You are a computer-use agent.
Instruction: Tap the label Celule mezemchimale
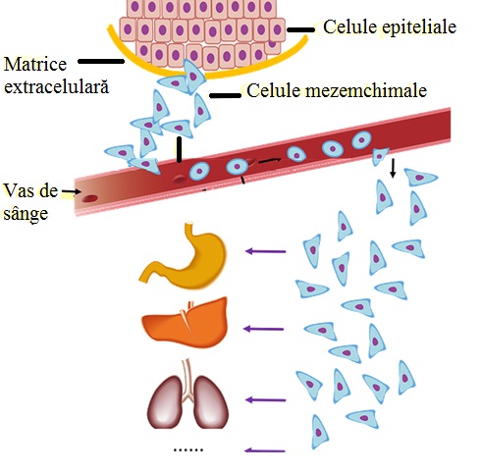pos(336,92)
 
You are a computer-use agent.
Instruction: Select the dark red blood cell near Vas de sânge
pos(90,197)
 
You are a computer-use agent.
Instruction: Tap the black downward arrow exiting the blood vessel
pos(394,168)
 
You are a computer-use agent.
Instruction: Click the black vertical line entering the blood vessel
pos(179,149)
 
